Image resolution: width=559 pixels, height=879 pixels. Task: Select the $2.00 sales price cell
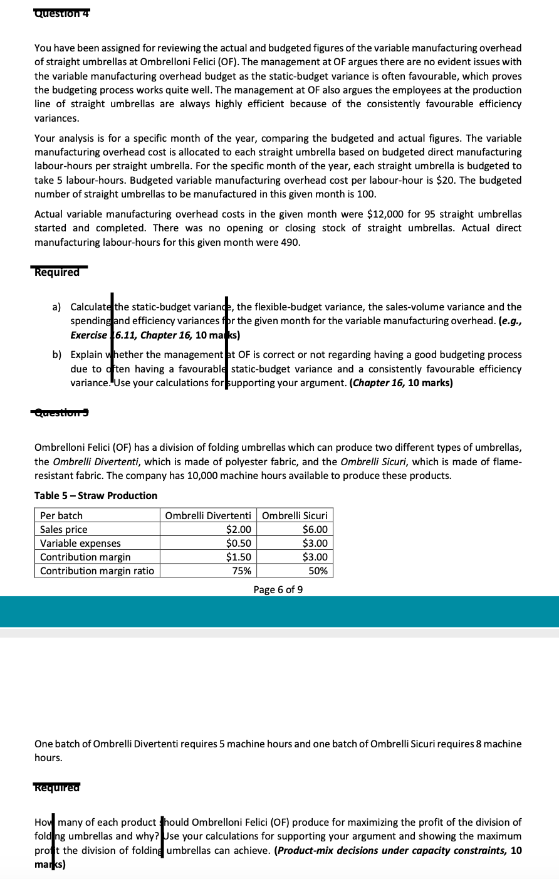(238, 529)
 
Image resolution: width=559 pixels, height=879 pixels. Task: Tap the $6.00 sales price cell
(315, 529)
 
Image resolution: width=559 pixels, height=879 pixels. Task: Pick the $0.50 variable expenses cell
(238, 543)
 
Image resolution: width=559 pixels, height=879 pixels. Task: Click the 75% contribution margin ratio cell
(242, 571)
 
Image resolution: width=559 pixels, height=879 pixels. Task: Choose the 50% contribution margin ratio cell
(318, 571)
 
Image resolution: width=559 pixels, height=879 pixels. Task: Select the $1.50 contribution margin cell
(238, 557)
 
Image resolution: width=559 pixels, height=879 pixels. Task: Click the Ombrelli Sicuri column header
(295, 515)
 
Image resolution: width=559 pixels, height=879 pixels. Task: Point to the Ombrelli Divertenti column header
(208, 515)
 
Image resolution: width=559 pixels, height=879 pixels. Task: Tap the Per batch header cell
(61, 515)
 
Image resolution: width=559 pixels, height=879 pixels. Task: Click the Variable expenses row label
(80, 543)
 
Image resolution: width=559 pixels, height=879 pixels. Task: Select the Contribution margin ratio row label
(97, 571)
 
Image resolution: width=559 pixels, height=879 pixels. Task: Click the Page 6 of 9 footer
(278, 589)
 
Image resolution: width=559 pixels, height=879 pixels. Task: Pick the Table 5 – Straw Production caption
(96, 495)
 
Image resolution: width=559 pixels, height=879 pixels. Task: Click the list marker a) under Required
(56, 307)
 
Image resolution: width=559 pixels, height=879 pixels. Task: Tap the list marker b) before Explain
(56, 355)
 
